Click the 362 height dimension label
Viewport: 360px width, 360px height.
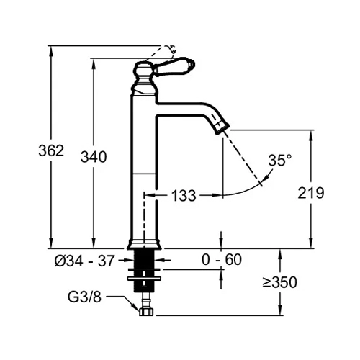(51, 151)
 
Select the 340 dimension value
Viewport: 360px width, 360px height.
(94, 157)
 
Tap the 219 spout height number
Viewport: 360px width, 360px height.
(311, 193)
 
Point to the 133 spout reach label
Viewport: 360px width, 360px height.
(184, 195)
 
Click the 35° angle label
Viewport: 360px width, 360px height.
(280, 161)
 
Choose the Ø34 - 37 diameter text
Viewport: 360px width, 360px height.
(84, 261)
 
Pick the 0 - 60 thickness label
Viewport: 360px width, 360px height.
(222, 259)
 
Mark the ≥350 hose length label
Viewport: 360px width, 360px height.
(279, 282)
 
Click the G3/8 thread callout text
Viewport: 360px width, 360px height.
(84, 297)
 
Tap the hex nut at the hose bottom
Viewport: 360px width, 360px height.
(147, 312)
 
